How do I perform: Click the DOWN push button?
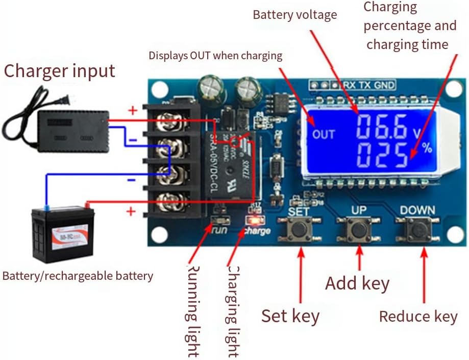tap(418, 231)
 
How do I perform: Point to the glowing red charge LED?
tap(252, 221)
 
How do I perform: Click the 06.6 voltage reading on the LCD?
tap(382, 128)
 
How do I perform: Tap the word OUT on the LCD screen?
tap(324, 135)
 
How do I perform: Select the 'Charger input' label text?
tap(59, 70)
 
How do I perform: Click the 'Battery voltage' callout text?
tap(295, 15)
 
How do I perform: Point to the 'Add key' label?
tap(357, 283)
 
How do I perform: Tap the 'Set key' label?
tap(290, 316)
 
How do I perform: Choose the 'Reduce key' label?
tap(418, 317)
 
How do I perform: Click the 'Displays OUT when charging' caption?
tap(215, 56)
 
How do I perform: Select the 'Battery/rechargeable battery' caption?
tap(78, 276)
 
